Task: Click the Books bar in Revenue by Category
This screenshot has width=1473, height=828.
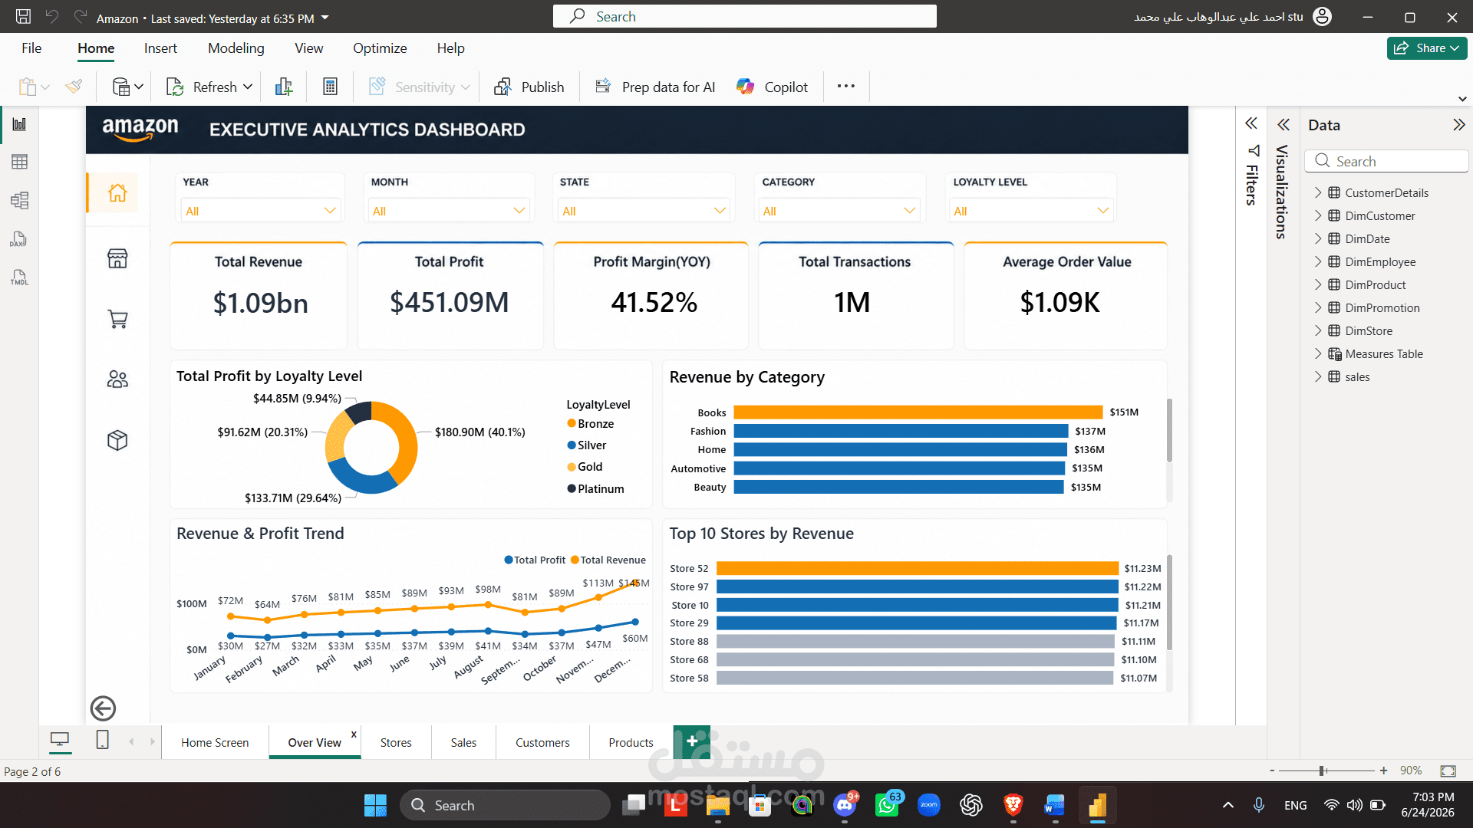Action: click(x=918, y=412)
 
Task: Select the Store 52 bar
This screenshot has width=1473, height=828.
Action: click(x=918, y=568)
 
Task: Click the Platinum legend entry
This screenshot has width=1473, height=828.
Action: click(x=596, y=489)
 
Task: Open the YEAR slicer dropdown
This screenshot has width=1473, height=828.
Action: click(x=260, y=211)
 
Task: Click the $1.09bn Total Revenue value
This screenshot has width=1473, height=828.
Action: click(x=260, y=303)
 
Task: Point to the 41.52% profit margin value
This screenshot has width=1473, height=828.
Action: click(x=654, y=303)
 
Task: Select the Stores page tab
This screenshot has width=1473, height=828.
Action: click(x=396, y=742)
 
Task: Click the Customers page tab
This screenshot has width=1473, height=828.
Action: click(x=542, y=742)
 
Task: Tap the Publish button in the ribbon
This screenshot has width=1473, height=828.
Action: click(x=529, y=87)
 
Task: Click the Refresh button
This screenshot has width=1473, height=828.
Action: click(x=209, y=87)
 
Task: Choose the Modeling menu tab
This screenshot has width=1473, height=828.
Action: click(x=236, y=48)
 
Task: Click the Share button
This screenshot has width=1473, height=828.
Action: click(x=1426, y=48)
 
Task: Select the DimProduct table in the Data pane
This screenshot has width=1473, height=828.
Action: click(x=1375, y=284)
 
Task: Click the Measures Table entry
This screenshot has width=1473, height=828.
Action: click(x=1383, y=353)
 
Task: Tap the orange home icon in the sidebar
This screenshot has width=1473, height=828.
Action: click(x=117, y=192)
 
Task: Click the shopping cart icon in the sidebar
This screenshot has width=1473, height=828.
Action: click(x=117, y=319)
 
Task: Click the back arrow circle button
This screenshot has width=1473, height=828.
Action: click(x=103, y=708)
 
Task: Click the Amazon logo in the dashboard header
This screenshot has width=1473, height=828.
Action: click(x=140, y=130)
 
